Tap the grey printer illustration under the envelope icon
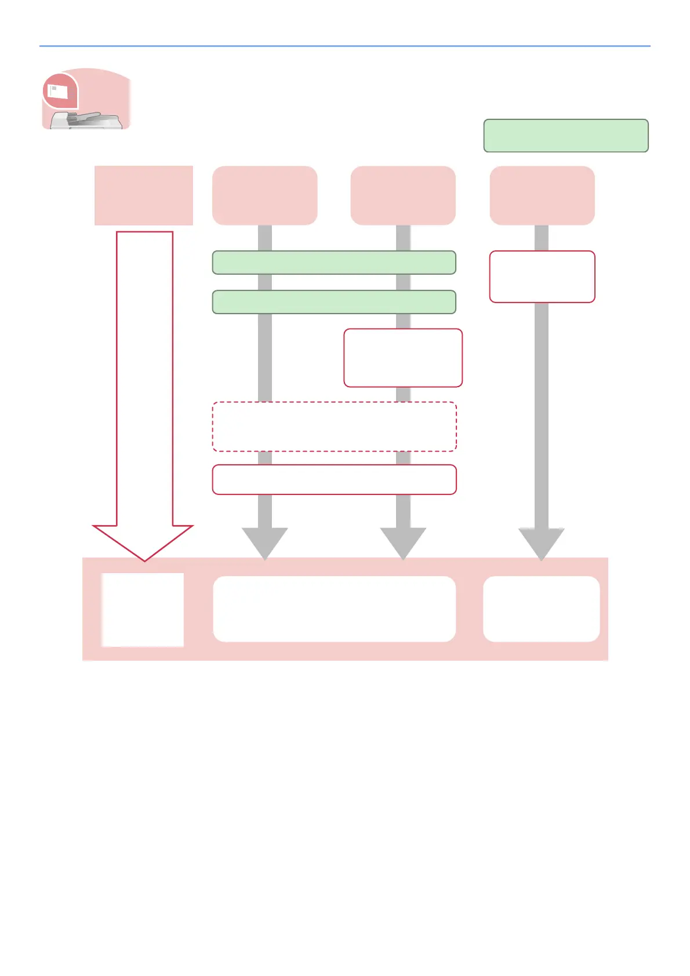pos(87,121)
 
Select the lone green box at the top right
pos(566,136)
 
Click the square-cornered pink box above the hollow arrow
pos(144,195)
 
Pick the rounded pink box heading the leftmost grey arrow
pos(265,195)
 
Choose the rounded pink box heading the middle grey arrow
pos(403,195)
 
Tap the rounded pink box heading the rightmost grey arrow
pos(542,195)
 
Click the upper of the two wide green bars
pos(334,263)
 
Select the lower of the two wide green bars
pos(334,302)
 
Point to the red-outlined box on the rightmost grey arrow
pos(542,276)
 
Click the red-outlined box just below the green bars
pos(403,358)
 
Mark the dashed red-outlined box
pos(335,427)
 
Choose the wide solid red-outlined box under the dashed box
pos(335,479)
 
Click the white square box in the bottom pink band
pos(143,610)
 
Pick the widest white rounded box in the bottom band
pos(335,609)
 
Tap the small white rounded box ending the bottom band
pos(542,609)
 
